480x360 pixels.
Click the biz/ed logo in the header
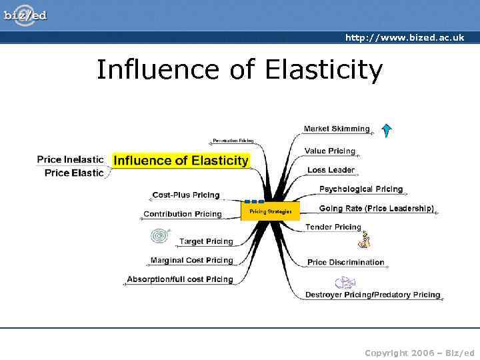pos(25,15)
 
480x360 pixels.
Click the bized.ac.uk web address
pos(404,37)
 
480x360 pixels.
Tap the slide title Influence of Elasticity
pos(239,69)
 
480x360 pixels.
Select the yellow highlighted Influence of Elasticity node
pos(181,160)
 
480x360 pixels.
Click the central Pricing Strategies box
pos(270,211)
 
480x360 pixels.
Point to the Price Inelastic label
pos(70,159)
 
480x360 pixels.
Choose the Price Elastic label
pos(74,173)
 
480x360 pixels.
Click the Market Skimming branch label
pos(336,129)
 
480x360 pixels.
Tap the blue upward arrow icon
pos(387,129)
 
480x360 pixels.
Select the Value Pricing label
pos(329,151)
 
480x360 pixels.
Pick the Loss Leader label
pos(331,170)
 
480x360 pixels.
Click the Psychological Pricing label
pos(361,189)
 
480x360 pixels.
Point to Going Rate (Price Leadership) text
pos(376,209)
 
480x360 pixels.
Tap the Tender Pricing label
pos(333,227)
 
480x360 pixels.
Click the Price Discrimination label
pos(345,262)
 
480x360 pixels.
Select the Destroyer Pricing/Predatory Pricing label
pos(373,295)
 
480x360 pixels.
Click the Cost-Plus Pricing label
pos(185,195)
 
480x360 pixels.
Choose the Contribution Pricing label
pos(182,214)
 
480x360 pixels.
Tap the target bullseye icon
pos(161,237)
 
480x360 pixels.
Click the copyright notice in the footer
pos(419,353)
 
